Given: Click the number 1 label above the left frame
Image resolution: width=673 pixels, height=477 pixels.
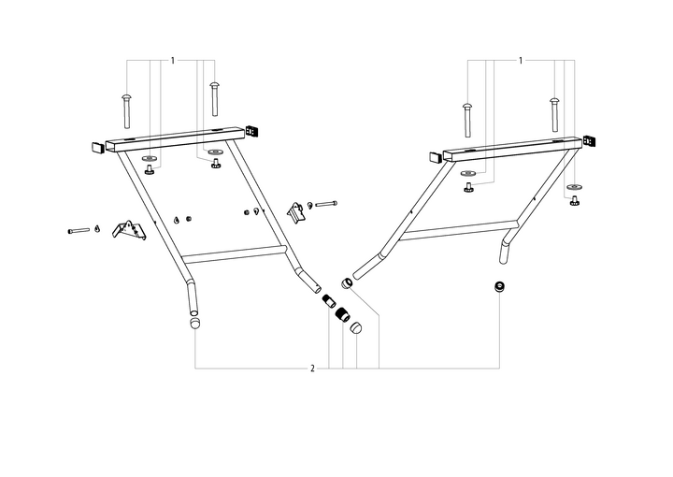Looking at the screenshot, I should (173, 61).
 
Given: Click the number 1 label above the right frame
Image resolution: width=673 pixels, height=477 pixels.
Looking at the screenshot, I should (520, 61).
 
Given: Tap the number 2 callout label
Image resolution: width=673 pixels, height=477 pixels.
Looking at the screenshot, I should (312, 369).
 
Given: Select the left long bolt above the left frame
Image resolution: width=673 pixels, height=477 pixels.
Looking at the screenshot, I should (125, 109).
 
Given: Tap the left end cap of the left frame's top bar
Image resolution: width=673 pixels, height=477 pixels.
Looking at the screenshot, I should (98, 147).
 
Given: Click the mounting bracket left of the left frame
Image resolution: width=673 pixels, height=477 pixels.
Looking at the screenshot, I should (129, 229).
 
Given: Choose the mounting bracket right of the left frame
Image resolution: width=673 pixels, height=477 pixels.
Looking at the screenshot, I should (297, 211).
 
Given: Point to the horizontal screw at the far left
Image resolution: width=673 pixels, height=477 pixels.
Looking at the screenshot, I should (79, 229).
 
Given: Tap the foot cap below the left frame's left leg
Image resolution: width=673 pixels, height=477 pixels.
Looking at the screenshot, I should (195, 324).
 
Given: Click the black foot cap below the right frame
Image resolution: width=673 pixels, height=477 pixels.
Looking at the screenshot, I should (501, 287).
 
